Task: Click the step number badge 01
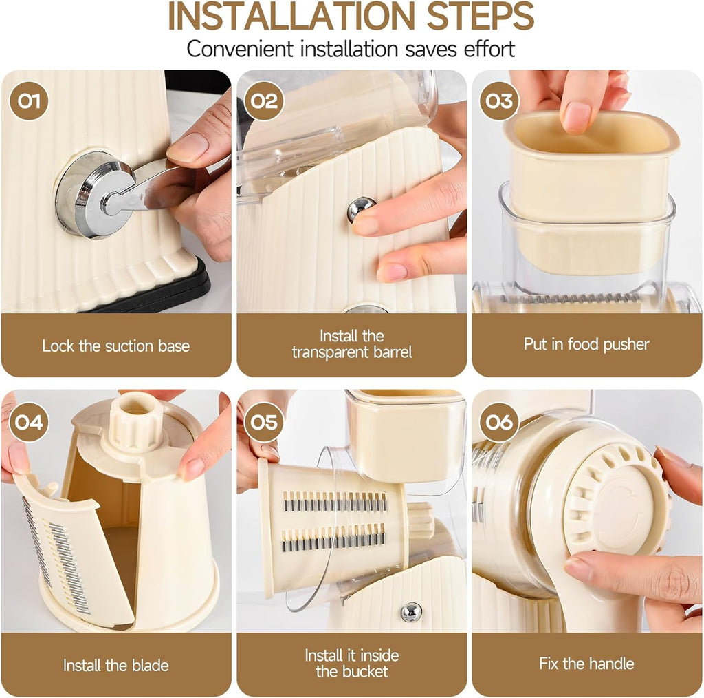tap(29, 101)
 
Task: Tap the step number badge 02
tap(264, 101)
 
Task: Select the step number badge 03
tap(499, 101)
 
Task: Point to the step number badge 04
tap(29, 422)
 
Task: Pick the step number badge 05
tap(264, 422)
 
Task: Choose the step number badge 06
tap(499, 422)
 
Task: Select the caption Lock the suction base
tap(115, 346)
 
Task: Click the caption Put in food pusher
tap(586, 344)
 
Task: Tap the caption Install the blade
tap(115, 665)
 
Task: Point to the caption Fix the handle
tap(586, 664)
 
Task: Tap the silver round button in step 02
tap(361, 209)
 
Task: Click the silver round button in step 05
tap(411, 611)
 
